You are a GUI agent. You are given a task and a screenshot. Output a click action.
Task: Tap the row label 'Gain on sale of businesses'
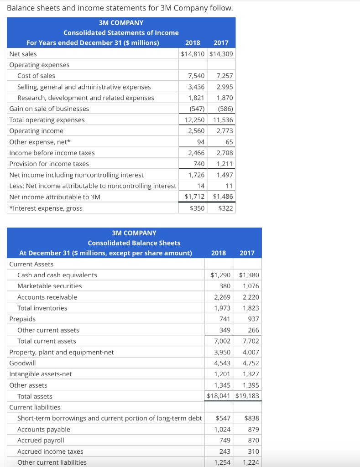pyautogui.click(x=49, y=109)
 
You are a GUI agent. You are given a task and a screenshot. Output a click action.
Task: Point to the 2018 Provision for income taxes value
pyautogui.click(x=198, y=164)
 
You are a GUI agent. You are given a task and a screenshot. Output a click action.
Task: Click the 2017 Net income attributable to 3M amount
pyautogui.click(x=223, y=197)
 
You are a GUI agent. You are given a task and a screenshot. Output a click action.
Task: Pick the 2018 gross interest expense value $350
pyautogui.click(x=197, y=208)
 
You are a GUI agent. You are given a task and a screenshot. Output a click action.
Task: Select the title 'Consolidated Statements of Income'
pyautogui.click(x=121, y=33)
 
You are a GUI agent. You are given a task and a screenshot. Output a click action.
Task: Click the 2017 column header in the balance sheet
pyautogui.click(x=247, y=253)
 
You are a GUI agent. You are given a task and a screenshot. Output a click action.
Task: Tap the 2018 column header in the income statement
pyautogui.click(x=193, y=43)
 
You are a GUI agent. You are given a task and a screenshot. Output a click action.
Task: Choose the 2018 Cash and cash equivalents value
pyautogui.click(x=220, y=275)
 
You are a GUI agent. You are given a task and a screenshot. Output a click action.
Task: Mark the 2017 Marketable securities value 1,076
pyautogui.click(x=251, y=286)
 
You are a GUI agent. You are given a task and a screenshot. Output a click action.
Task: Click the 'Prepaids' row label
pyautogui.click(x=22, y=319)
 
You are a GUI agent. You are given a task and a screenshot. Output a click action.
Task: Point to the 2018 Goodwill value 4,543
pyautogui.click(x=222, y=363)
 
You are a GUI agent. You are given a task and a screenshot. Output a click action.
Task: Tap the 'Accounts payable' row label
pyautogui.click(x=44, y=430)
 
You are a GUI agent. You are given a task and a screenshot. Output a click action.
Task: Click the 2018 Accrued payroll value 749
pyautogui.click(x=224, y=441)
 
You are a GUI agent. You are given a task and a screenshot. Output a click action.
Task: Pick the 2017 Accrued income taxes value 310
pyautogui.click(x=253, y=451)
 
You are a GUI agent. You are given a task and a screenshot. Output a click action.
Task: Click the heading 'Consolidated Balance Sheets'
pyautogui.click(x=134, y=243)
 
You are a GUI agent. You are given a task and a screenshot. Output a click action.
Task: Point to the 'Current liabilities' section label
pyautogui.click(x=35, y=407)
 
